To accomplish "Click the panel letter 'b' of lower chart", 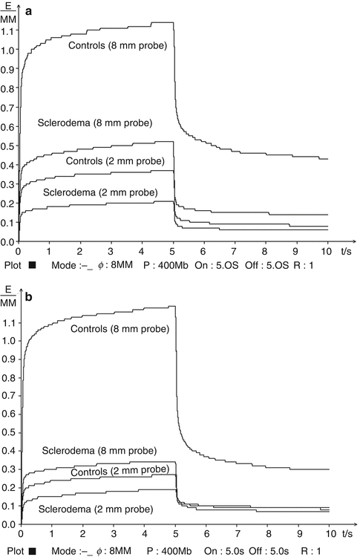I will [x=28, y=296].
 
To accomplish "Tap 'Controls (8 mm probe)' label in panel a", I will [x=117, y=46].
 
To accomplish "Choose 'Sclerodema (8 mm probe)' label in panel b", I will [x=108, y=451].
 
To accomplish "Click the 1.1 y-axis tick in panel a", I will [x=7, y=31].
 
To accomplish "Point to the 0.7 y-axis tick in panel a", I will [x=7, y=108].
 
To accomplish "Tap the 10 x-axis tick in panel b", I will [x=329, y=535].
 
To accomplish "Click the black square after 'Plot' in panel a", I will [x=31, y=265].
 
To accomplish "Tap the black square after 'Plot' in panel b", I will [x=31, y=551].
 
